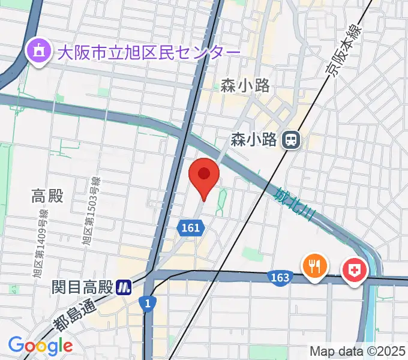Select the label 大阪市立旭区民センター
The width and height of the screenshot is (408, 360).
148,52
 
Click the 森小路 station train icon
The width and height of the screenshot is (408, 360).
292,140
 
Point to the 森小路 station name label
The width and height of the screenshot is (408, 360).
254,140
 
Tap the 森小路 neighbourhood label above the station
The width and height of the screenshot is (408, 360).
245,86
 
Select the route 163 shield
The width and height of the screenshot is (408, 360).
280,277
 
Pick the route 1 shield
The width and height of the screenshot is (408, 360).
148,304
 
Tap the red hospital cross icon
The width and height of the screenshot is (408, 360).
355,270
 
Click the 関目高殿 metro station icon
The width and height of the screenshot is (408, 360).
125,287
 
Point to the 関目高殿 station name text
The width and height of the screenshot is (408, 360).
82,287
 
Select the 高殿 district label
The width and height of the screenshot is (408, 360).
47,196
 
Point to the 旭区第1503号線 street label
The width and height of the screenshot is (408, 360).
91,211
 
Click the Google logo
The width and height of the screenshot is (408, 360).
40,346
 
